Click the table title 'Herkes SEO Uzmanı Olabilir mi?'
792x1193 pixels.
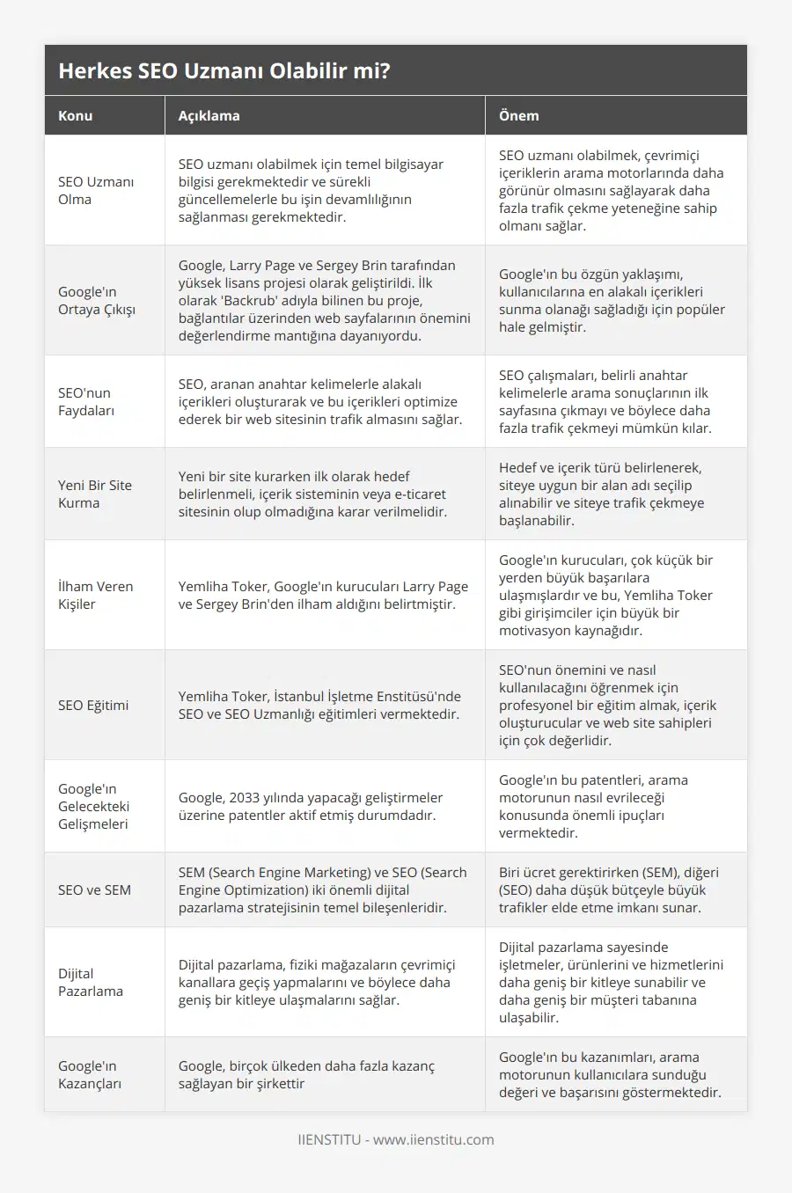224,70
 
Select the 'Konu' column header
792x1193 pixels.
76,115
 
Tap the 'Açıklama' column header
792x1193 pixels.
209,115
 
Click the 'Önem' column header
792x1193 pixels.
518,115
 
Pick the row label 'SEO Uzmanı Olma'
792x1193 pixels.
96,190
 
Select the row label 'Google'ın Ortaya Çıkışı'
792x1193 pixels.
97,300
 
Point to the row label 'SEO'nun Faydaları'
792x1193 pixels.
86,401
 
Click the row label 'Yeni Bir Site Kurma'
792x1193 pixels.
95,494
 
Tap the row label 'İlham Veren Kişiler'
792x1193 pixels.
96,595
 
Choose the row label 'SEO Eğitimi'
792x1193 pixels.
93,705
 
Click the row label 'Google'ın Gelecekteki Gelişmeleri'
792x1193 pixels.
93,806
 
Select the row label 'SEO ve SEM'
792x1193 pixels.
94,889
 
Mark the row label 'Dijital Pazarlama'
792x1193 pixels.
91,982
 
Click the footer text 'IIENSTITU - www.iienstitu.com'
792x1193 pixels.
396,1139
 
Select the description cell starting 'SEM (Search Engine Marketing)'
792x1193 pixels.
323,889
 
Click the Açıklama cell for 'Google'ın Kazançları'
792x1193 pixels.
306,1074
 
